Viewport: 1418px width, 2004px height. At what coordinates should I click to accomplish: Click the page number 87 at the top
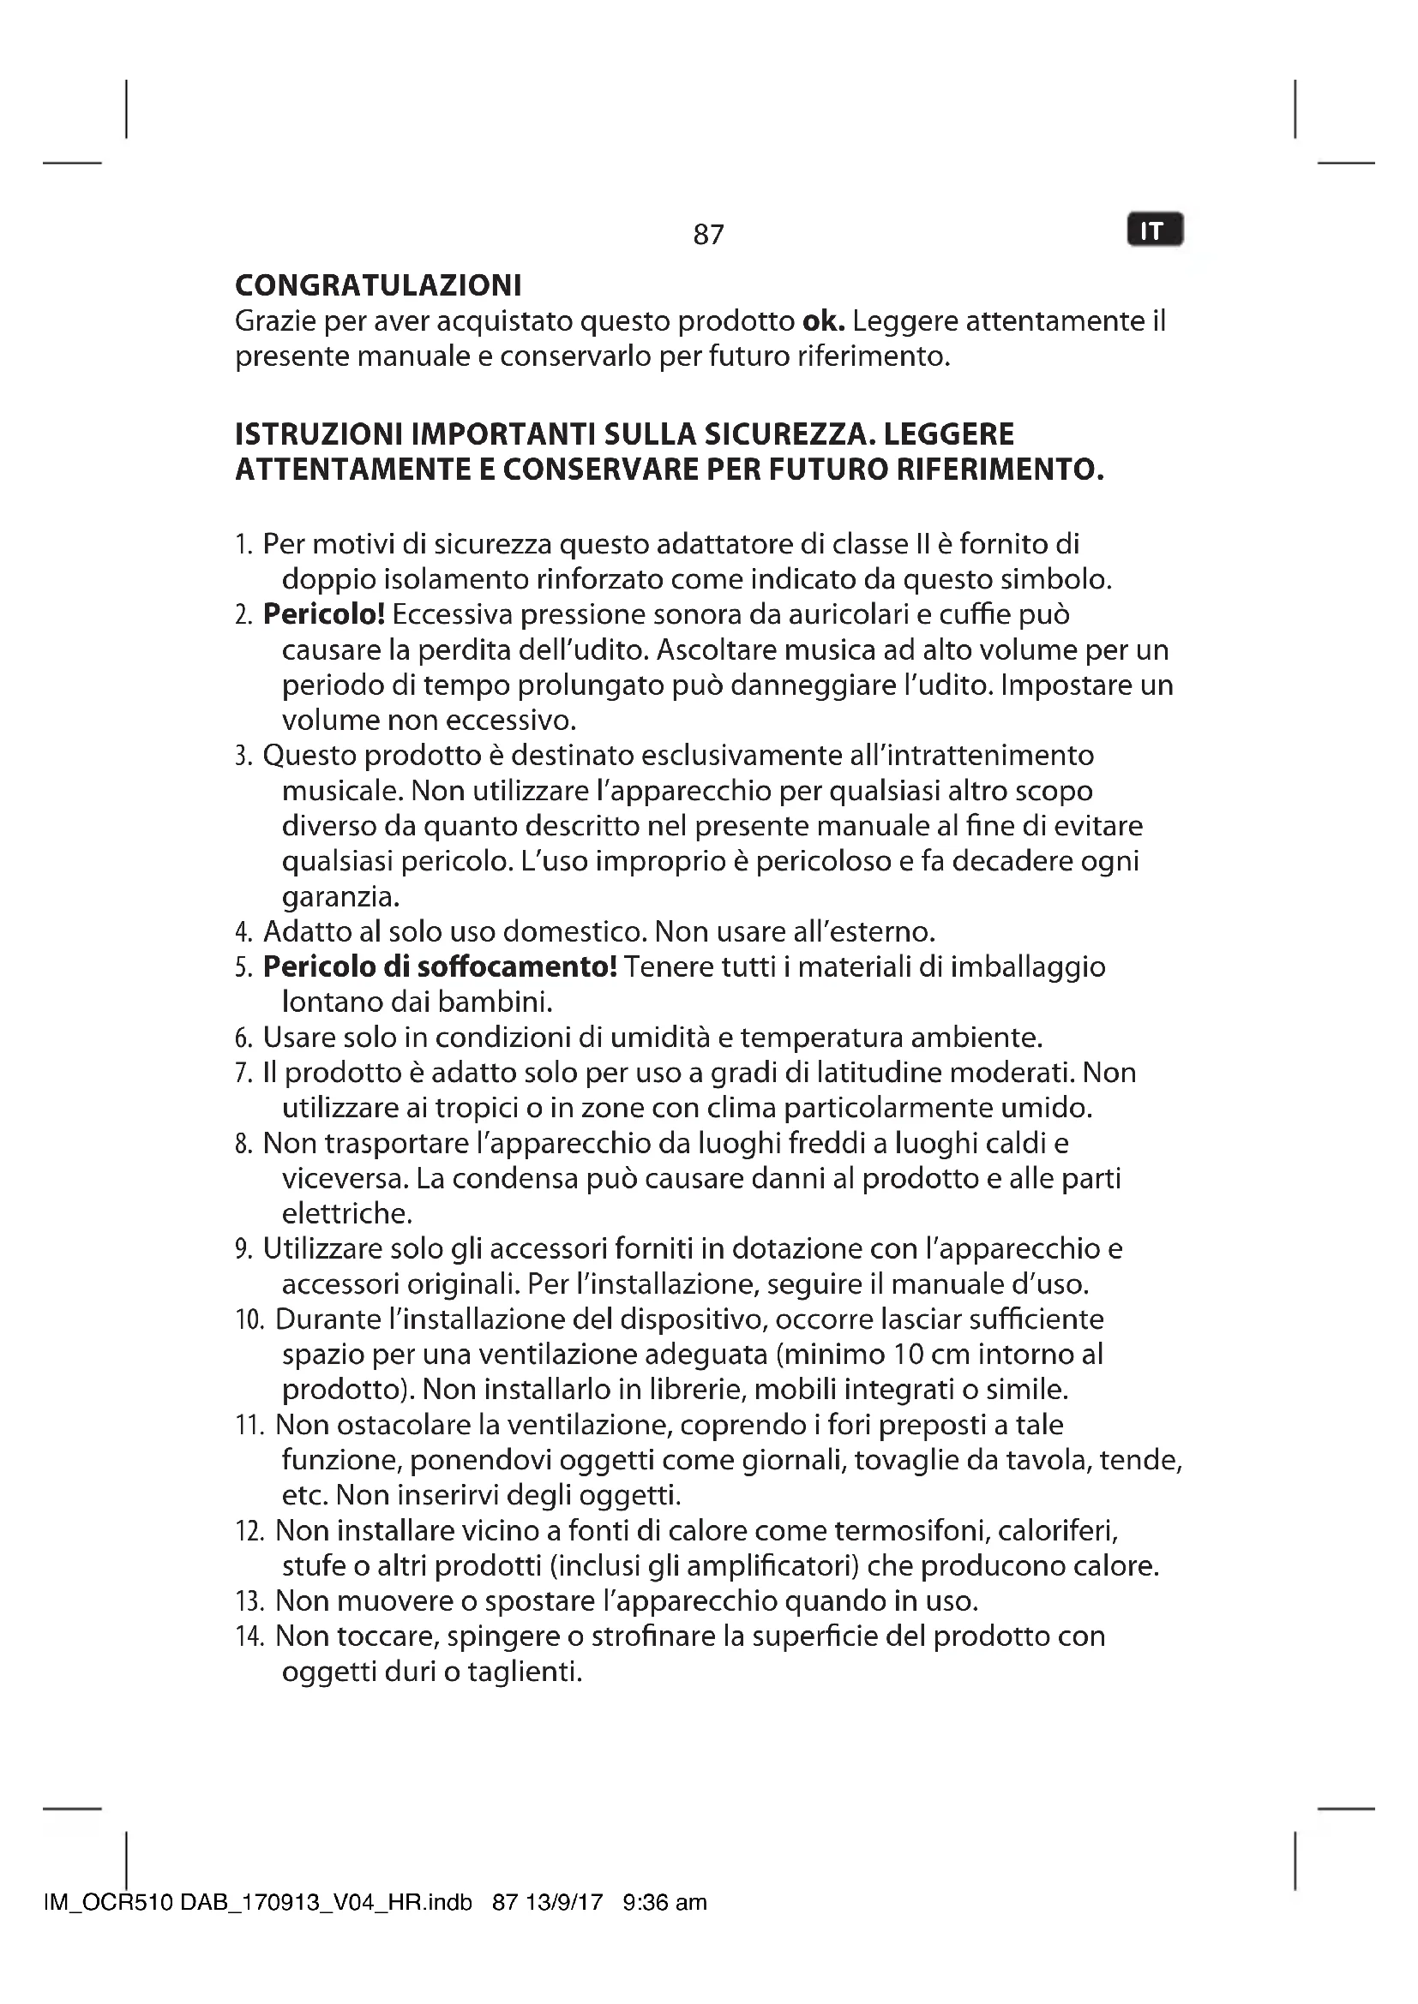coord(708,234)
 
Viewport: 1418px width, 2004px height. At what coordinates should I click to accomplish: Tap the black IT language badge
coord(1154,230)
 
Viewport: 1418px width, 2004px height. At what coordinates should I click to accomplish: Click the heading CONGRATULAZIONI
coord(378,285)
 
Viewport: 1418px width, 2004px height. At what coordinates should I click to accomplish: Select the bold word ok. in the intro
coord(823,321)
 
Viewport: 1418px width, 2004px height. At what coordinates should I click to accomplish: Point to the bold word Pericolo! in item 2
coord(324,614)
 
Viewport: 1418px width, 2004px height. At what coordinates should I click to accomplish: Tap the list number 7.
coord(243,1073)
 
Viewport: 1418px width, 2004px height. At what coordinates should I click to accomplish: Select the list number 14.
coord(249,1636)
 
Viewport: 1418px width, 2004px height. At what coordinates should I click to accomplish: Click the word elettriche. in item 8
coord(346,1213)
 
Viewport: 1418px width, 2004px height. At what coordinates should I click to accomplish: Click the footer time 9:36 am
coord(664,1903)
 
